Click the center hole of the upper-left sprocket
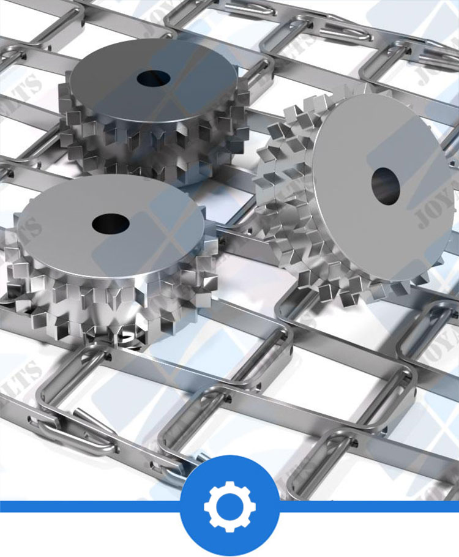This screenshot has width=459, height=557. (x=154, y=78)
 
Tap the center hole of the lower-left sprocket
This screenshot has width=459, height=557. (x=111, y=223)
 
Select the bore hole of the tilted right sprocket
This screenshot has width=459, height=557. (x=386, y=185)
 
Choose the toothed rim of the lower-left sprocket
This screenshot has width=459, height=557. (x=110, y=300)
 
